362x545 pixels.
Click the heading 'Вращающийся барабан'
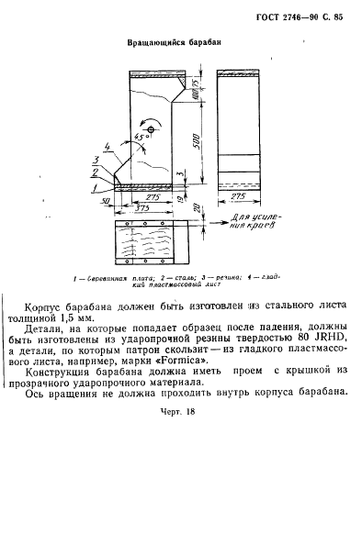174,42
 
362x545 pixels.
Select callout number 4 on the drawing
108,145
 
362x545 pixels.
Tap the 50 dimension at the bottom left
107,199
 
